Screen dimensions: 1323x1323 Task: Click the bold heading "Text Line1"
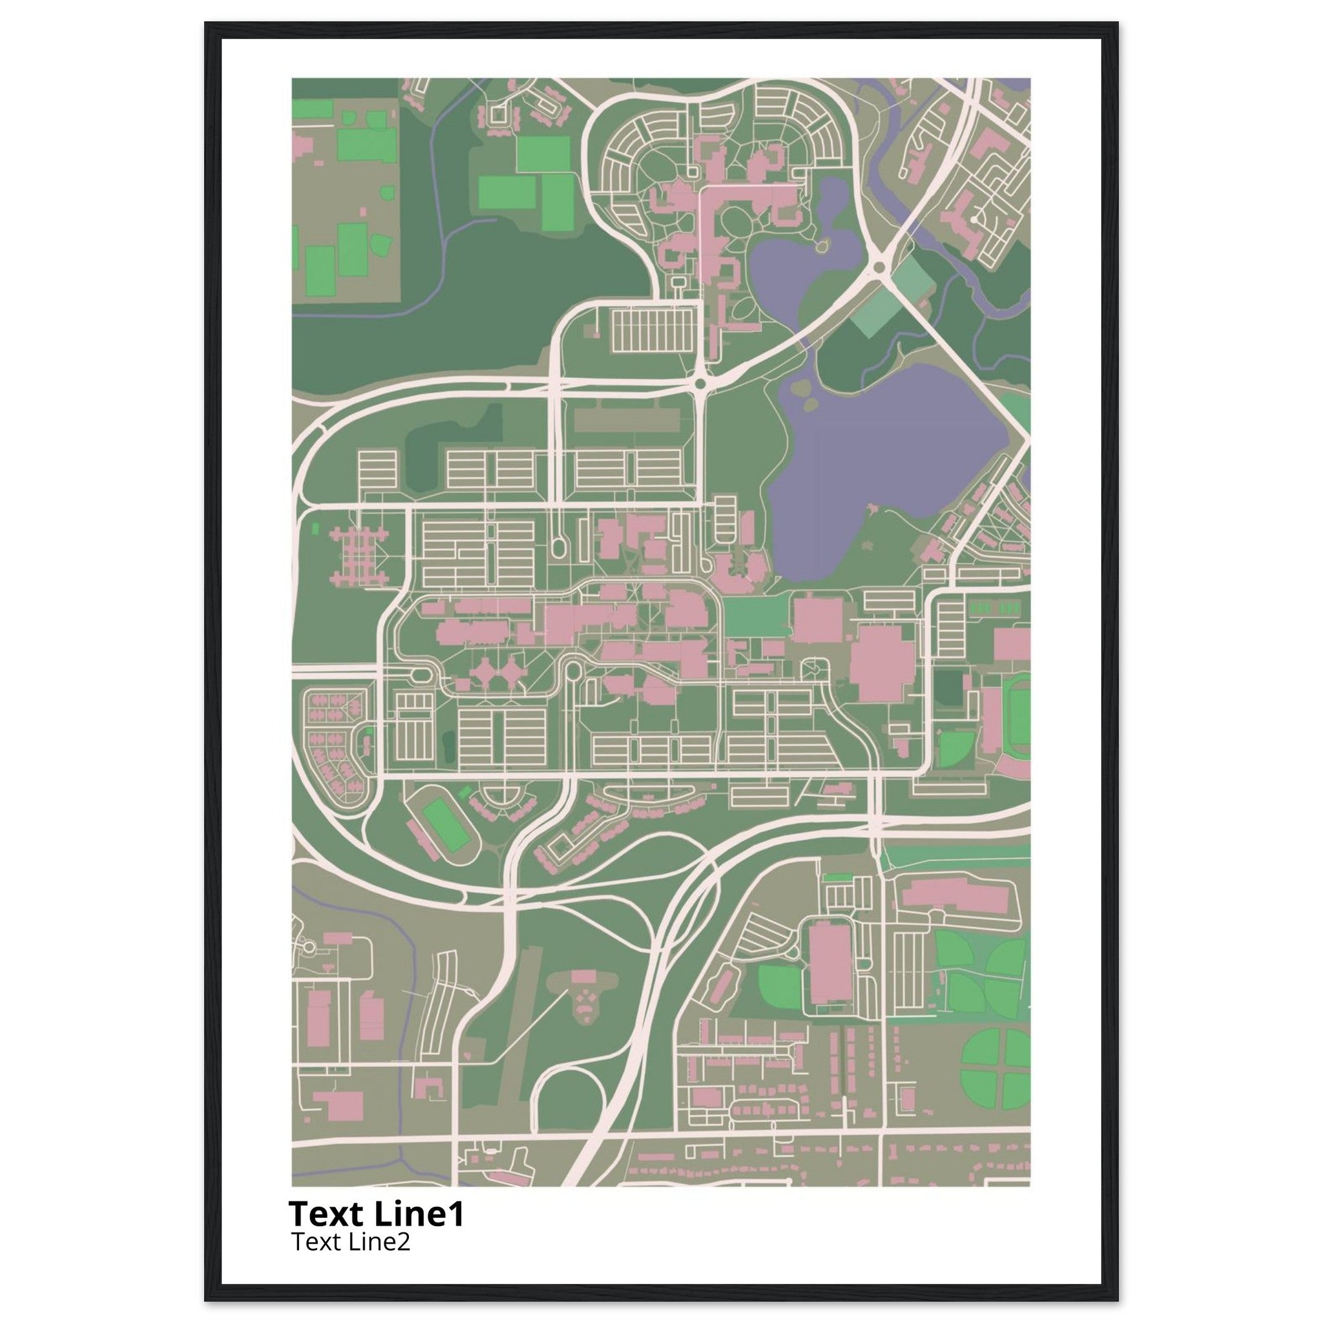point(376,1214)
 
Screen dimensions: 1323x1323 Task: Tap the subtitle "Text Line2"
point(351,1241)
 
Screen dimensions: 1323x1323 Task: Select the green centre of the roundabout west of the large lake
point(700,385)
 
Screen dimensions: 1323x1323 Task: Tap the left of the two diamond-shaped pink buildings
point(485,672)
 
